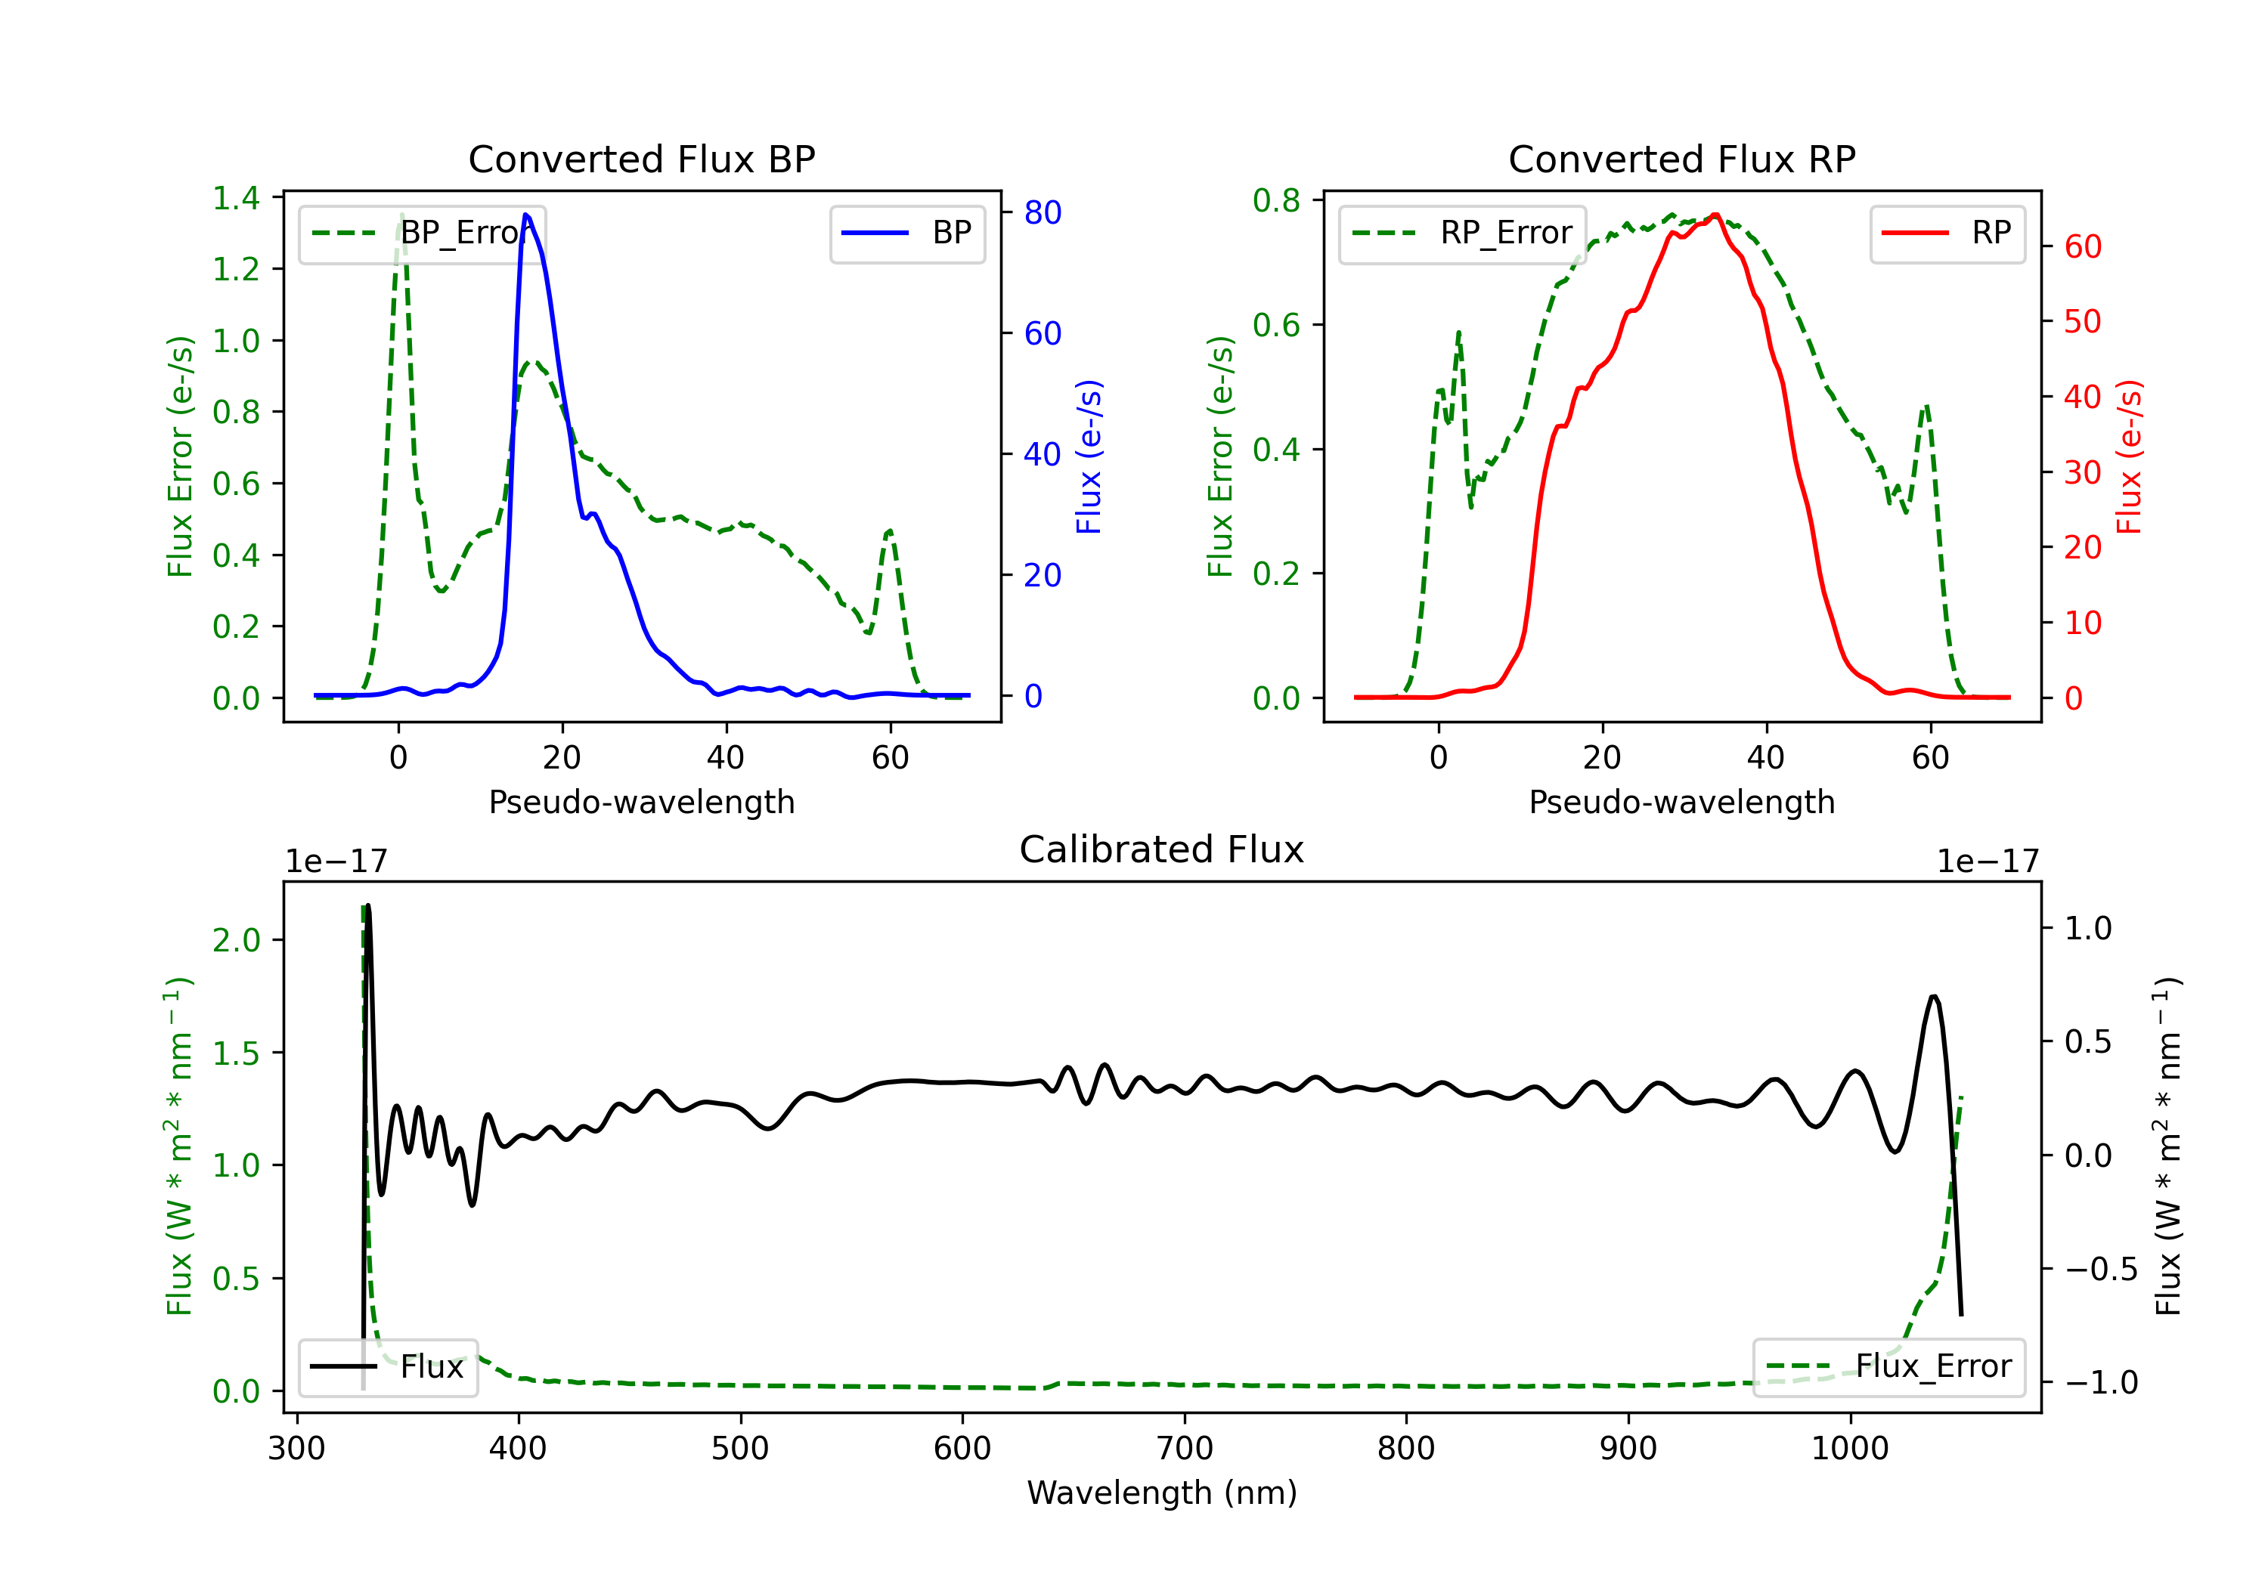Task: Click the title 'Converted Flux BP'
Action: (x=641, y=159)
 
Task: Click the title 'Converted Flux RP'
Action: (x=1681, y=159)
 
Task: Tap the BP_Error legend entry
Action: (x=420, y=233)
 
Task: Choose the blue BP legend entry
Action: (x=906, y=233)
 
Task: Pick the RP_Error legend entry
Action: (x=1462, y=233)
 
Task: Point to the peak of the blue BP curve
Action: (x=525, y=215)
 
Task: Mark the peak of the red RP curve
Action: (x=1716, y=215)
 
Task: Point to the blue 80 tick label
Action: (x=1043, y=212)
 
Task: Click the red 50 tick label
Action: (x=2084, y=321)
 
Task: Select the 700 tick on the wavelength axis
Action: (x=1185, y=1449)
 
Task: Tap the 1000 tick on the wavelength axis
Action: (x=1850, y=1449)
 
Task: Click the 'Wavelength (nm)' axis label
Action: (x=1162, y=1493)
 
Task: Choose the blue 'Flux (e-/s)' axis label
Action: (x=1089, y=456)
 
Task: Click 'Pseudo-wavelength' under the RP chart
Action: (x=1681, y=802)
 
